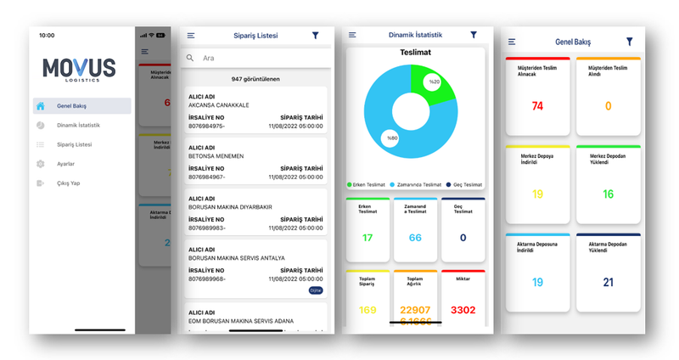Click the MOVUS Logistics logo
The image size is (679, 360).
coord(79,69)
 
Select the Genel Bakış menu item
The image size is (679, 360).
coord(71,106)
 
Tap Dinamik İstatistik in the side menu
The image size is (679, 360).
coord(78,126)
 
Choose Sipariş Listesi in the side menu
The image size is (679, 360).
coord(74,145)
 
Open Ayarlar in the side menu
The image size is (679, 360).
coord(65,164)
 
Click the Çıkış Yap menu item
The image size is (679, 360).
coord(68,183)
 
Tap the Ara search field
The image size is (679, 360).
coord(255,58)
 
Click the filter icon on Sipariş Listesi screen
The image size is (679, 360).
coord(316,36)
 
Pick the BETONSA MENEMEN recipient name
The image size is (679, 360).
coord(216,156)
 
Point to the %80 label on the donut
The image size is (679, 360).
coord(391,138)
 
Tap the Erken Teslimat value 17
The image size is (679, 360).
coord(368,238)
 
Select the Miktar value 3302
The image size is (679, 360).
coord(463,310)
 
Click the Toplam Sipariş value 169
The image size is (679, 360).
coord(368,310)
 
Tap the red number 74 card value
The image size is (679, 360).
coord(537,106)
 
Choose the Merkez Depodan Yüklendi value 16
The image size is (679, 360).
coord(607,194)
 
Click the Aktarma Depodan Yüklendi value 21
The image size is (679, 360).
coord(607,282)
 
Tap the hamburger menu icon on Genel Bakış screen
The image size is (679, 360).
coord(512,42)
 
